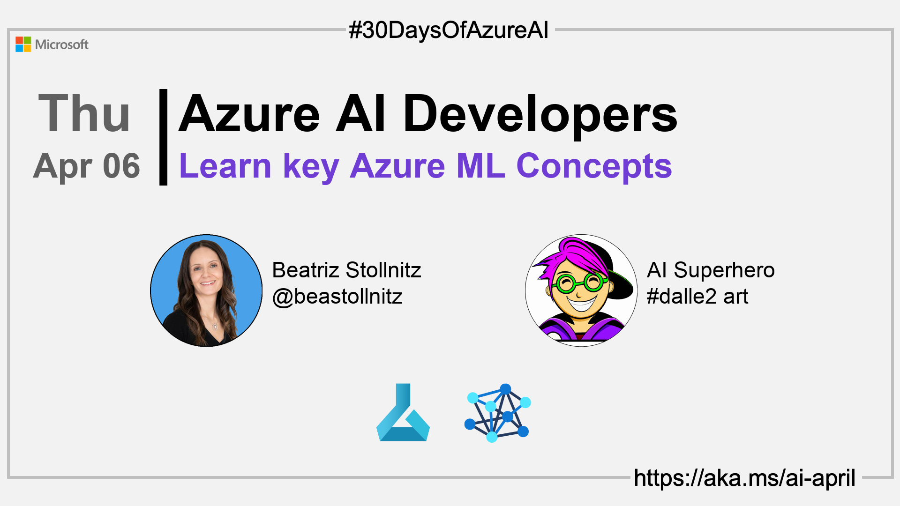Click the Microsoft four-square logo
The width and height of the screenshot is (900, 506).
pos(23,45)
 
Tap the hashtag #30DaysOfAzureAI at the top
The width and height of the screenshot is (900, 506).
pos(449,30)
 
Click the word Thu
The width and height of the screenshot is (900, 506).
pos(84,113)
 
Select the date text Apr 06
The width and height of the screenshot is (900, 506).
pos(87,166)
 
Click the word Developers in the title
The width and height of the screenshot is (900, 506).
pos(540,114)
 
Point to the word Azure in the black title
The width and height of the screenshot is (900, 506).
pos(249,114)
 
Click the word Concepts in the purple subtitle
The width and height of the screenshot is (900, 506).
pos(594,166)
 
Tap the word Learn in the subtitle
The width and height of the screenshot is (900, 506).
pos(225,166)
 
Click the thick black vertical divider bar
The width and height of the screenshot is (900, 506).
pos(163,137)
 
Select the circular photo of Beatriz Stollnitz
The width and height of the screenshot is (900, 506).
pos(206,290)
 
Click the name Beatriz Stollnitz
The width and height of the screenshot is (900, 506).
pos(346,270)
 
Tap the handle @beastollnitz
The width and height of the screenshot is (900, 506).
pos(337,297)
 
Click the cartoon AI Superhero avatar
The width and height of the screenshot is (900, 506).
pos(581,290)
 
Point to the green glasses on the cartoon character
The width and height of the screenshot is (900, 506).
pos(580,283)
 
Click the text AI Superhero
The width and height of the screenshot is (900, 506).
pos(711,270)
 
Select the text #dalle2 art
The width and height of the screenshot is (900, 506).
pos(697,297)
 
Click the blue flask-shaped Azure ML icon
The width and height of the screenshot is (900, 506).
pos(403,412)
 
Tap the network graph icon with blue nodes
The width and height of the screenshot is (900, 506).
pos(497,413)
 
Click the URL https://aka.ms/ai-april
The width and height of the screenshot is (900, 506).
pos(745,478)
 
